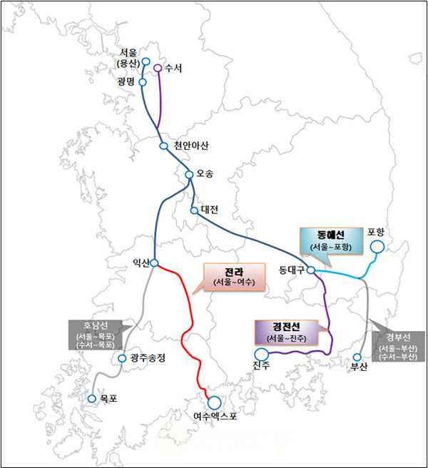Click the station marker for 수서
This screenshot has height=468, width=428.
(x=158, y=68)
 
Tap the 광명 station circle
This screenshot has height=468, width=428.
(x=143, y=82)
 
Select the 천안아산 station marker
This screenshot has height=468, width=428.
(x=163, y=146)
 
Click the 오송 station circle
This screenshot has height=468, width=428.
(x=189, y=175)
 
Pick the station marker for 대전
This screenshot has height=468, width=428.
(x=193, y=210)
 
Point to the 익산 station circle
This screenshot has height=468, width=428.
(x=154, y=263)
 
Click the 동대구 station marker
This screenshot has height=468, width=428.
(x=311, y=270)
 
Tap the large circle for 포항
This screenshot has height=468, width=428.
(x=376, y=247)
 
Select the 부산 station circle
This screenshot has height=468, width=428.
(x=357, y=357)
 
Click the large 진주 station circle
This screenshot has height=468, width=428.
(x=262, y=354)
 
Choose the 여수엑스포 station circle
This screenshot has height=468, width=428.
(x=214, y=402)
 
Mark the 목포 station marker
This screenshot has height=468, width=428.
(x=91, y=399)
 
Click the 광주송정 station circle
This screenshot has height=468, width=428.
(x=123, y=358)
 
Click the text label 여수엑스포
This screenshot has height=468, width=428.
(x=214, y=417)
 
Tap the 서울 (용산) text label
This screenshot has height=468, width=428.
(x=131, y=58)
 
